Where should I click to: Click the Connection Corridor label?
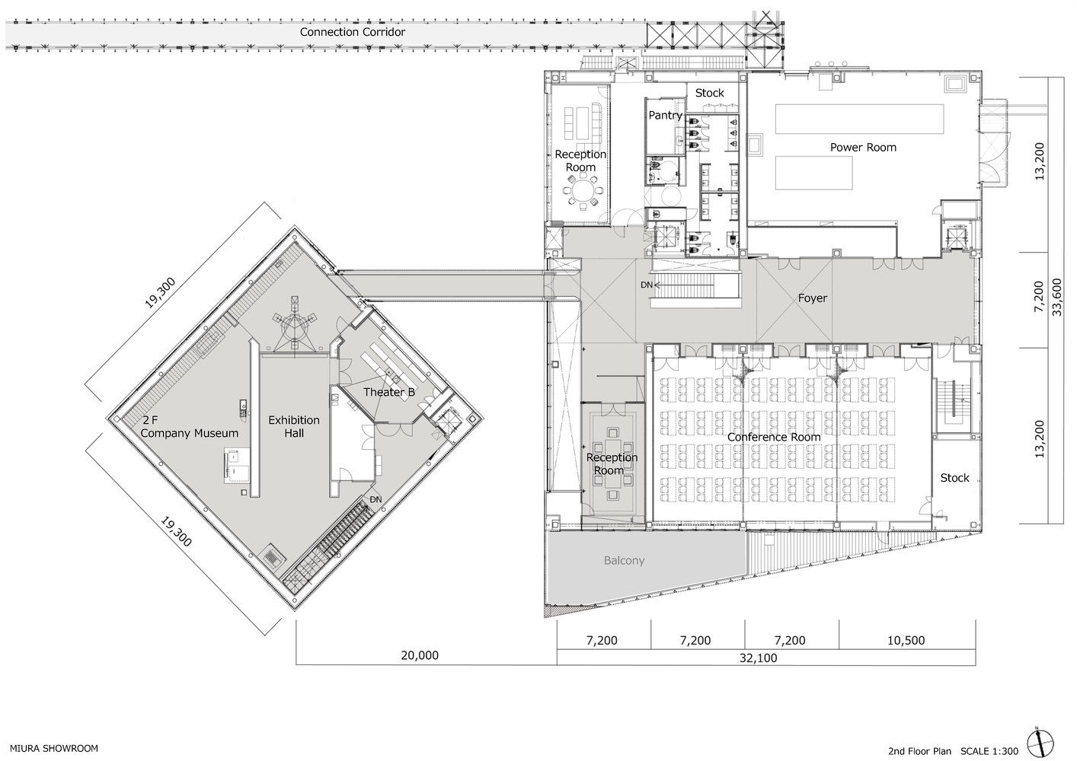[353, 32]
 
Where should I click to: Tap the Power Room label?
[863, 147]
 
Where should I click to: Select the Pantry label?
[665, 116]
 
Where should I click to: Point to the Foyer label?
[813, 298]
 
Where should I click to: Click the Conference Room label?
[774, 437]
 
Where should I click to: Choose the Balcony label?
[624, 560]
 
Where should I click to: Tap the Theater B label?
[388, 392]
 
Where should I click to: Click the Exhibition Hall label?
[294, 426]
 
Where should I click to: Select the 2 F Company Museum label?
[190, 426]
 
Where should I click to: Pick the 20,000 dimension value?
[420, 654]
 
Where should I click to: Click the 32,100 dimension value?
[758, 658]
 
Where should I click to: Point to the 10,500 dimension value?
[906, 640]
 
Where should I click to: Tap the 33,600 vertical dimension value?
[1056, 298]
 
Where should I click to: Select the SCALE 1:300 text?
[989, 751]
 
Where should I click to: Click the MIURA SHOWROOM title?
[54, 749]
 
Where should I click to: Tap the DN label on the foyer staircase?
[646, 285]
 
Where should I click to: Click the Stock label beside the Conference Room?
[954, 478]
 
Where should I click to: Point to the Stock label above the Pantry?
[709, 93]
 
